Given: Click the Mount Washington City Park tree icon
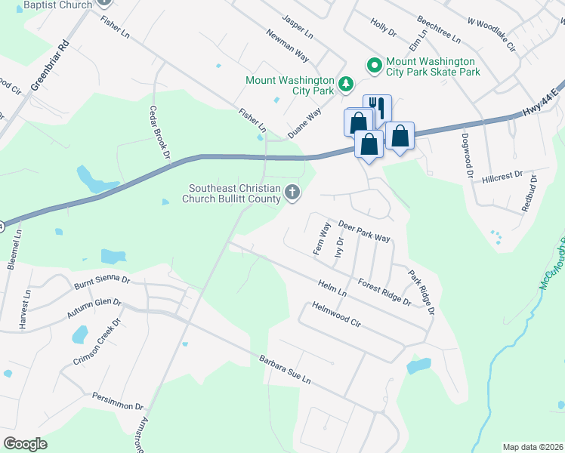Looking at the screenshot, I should (x=346, y=83).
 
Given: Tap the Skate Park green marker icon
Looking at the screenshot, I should (x=373, y=66).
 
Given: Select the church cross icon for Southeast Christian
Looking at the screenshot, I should (x=292, y=194).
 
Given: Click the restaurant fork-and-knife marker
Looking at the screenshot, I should (x=377, y=106).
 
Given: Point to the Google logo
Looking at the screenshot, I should (x=25, y=444).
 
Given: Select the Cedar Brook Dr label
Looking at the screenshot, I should (x=157, y=134).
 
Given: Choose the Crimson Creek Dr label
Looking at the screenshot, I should (x=97, y=341).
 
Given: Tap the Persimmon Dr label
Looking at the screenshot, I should (x=118, y=400).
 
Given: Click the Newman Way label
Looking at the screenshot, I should (x=287, y=45).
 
